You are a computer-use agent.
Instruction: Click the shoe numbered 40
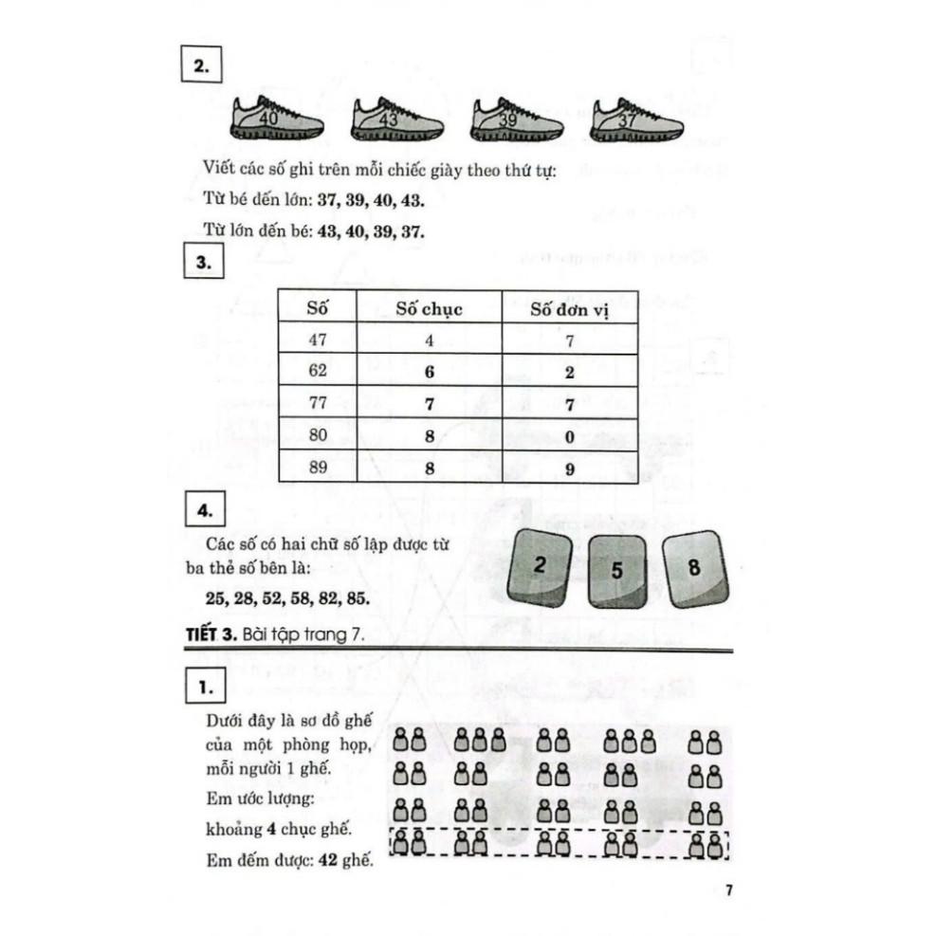tap(277, 119)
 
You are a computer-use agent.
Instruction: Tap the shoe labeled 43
tap(397, 119)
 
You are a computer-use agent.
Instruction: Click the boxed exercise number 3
tap(201, 263)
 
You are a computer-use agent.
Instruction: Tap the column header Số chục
tap(429, 308)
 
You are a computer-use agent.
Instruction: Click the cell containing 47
tap(317, 340)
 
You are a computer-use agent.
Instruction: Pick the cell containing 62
tap(317, 372)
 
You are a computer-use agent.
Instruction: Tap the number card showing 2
tap(540, 566)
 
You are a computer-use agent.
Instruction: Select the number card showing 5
tap(616, 572)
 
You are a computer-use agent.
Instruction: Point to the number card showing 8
tap(694, 569)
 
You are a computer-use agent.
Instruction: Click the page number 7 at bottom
tap(727, 890)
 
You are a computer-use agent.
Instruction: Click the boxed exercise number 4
tap(201, 512)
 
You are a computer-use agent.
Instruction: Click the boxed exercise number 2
tap(201, 66)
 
